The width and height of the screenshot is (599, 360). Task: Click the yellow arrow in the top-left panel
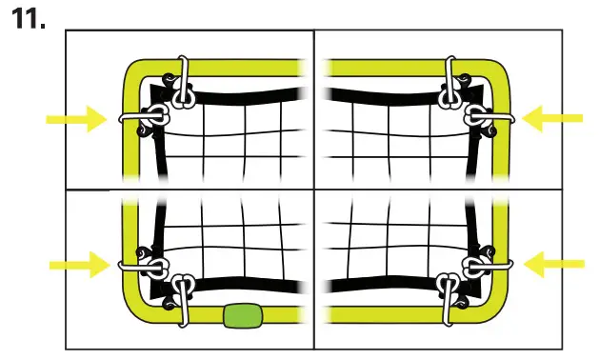pyautogui.click(x=77, y=119)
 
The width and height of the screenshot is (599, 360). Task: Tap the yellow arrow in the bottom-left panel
pyautogui.click(x=77, y=264)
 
